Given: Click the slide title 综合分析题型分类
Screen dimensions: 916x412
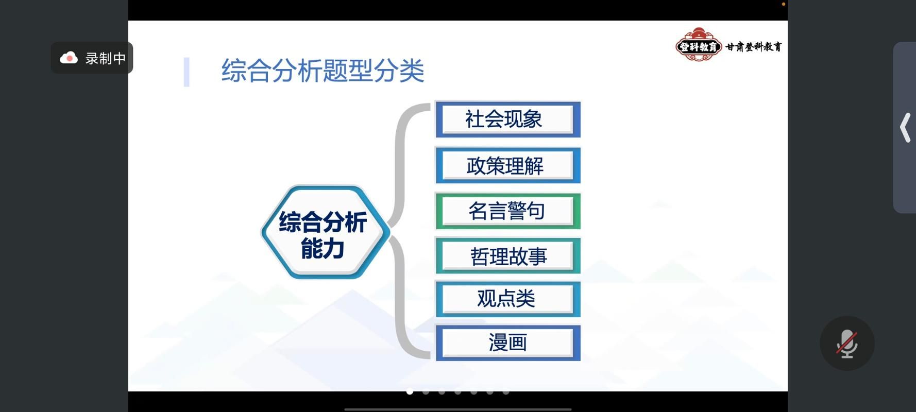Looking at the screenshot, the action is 323,71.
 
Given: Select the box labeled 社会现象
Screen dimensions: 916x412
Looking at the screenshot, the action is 508,119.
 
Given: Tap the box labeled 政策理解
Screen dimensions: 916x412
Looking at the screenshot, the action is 508,165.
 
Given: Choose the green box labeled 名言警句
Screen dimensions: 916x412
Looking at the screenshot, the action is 508,211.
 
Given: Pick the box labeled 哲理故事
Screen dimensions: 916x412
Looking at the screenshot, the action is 508,255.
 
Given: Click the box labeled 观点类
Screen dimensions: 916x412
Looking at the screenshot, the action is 508,299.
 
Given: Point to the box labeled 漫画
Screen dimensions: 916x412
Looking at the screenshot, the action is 508,343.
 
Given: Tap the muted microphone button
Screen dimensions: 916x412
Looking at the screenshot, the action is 847,344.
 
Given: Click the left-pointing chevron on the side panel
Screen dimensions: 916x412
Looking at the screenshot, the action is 905,128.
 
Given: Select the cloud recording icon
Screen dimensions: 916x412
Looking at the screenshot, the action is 69,58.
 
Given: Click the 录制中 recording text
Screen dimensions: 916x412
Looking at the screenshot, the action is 106,58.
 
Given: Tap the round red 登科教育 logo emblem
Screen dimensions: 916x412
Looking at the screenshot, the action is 698,45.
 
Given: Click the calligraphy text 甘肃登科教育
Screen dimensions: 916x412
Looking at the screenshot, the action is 754,47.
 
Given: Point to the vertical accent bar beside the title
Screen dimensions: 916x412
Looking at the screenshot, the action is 186,72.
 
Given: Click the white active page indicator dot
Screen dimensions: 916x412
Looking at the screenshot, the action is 410,392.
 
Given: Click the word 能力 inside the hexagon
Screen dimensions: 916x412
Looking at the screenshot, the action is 323,249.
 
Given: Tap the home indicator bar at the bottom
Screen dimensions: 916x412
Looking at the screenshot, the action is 458,409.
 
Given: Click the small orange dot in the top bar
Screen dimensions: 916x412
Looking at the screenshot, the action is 784,4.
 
